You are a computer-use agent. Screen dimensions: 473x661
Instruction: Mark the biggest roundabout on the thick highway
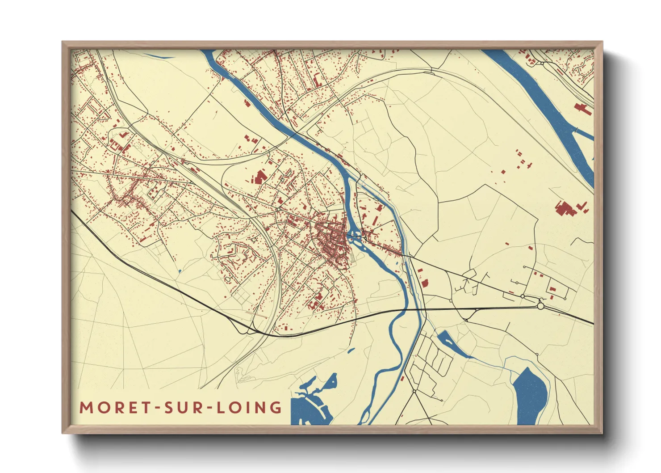pos(541,306)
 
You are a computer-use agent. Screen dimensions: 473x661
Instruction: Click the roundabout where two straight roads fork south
pos(414,391)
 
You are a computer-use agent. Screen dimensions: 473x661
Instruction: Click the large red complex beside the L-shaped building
pos(565,209)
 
